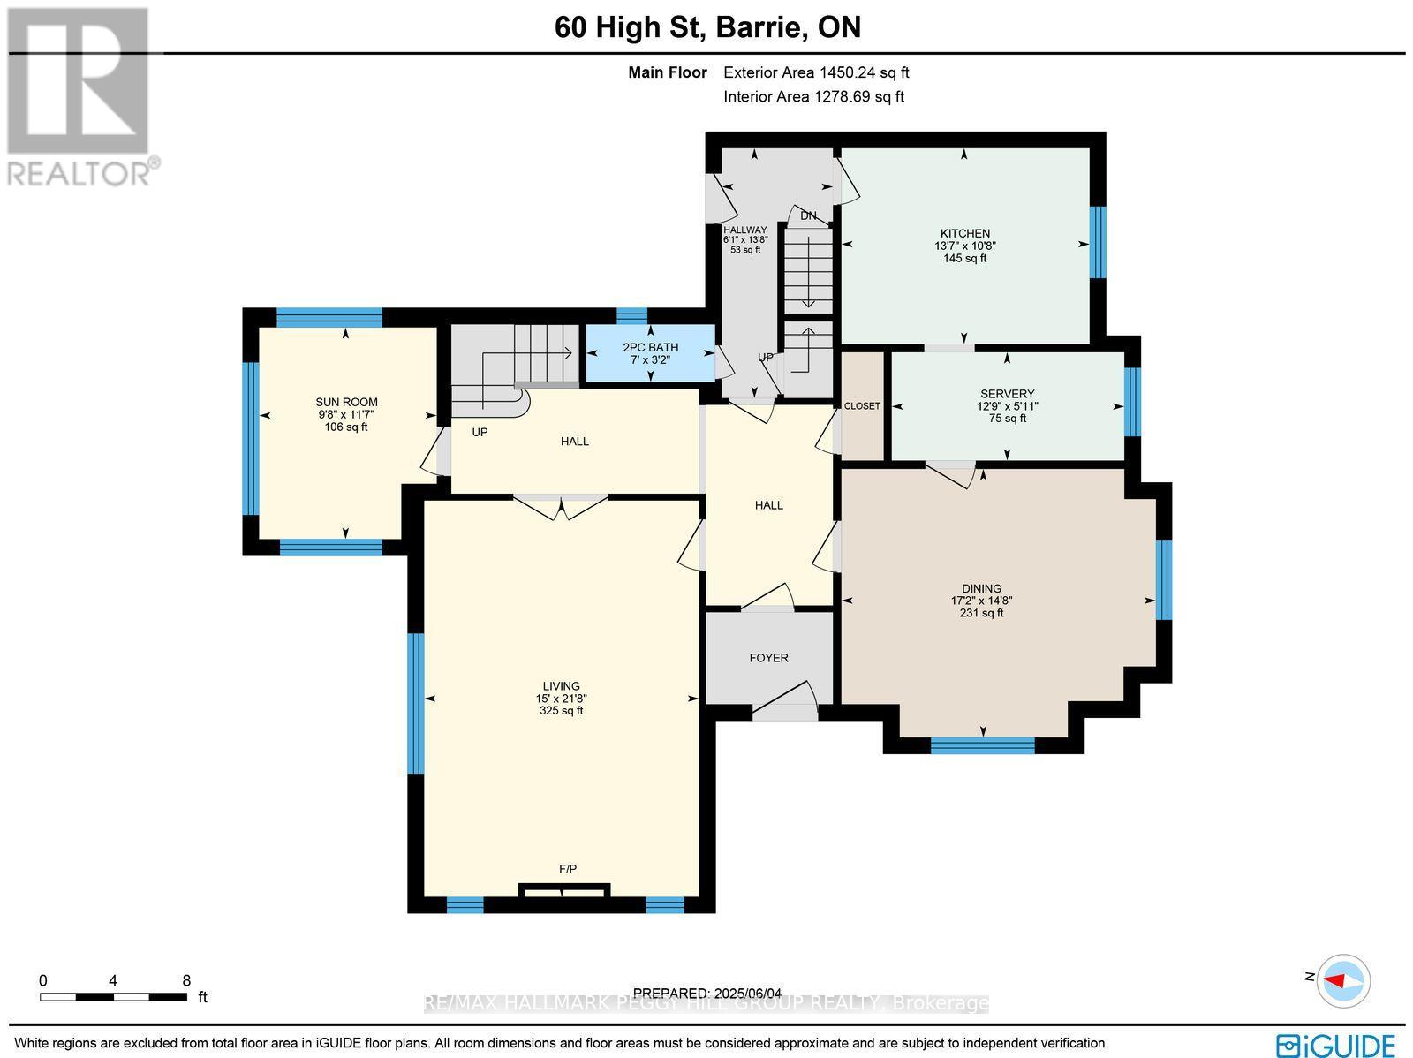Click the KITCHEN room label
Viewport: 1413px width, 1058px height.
pyautogui.click(x=964, y=234)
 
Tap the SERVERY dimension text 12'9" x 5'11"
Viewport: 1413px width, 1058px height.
pyautogui.click(x=1007, y=406)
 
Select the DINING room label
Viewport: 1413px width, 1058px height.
pyautogui.click(x=981, y=588)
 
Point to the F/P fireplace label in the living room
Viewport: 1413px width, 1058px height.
pyautogui.click(x=568, y=869)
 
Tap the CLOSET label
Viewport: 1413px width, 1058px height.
pyautogui.click(x=862, y=406)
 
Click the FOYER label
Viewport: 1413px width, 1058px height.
pyautogui.click(x=768, y=658)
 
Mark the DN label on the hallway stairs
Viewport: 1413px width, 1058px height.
pyautogui.click(x=808, y=215)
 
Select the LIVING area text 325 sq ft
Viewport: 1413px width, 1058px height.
pyautogui.click(x=561, y=710)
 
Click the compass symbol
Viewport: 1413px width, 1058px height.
pyautogui.click(x=1343, y=980)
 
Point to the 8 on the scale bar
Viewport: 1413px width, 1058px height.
pyautogui.click(x=186, y=980)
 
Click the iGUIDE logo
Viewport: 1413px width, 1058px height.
pyautogui.click(x=1336, y=1045)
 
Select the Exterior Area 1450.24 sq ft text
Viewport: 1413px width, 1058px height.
pyautogui.click(x=815, y=73)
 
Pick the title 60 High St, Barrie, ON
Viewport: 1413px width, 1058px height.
pyautogui.click(x=706, y=27)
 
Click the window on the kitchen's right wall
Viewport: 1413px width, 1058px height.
pyautogui.click(x=1097, y=242)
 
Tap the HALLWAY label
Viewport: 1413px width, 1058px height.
pyautogui.click(x=744, y=230)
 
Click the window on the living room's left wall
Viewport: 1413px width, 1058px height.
pyautogui.click(x=415, y=703)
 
